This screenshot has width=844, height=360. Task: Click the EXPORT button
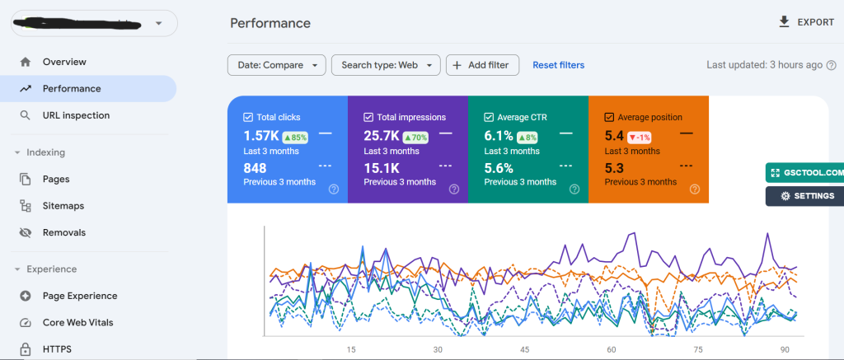pos(806,22)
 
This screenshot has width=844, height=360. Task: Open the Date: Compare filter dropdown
pos(276,65)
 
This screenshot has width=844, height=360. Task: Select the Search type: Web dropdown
pos(386,65)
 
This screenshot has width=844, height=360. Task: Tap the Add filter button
pos(482,65)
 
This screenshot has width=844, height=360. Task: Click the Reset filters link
pos(558,65)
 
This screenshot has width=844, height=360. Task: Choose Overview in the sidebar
pos(64,62)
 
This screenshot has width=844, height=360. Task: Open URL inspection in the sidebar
pos(76,115)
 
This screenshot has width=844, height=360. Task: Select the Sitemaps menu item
pos(63,206)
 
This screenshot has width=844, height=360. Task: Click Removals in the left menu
pos(64,232)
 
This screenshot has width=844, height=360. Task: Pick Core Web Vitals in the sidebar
pos(78,322)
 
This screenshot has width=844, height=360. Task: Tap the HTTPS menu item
pos(57,349)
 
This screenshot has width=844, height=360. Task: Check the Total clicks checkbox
pos(248,118)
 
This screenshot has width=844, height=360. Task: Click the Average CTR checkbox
pos(489,118)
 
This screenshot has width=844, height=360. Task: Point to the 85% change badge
pos(296,137)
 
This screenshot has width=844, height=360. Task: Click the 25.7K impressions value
pos(381,135)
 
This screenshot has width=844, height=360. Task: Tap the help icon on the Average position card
pos(695,189)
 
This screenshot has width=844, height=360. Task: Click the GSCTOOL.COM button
pos(805,173)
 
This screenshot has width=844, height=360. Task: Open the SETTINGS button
pos(805,196)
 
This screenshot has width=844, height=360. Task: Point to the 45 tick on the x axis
pos(524,349)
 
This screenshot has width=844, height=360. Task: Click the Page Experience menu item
pos(80,296)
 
